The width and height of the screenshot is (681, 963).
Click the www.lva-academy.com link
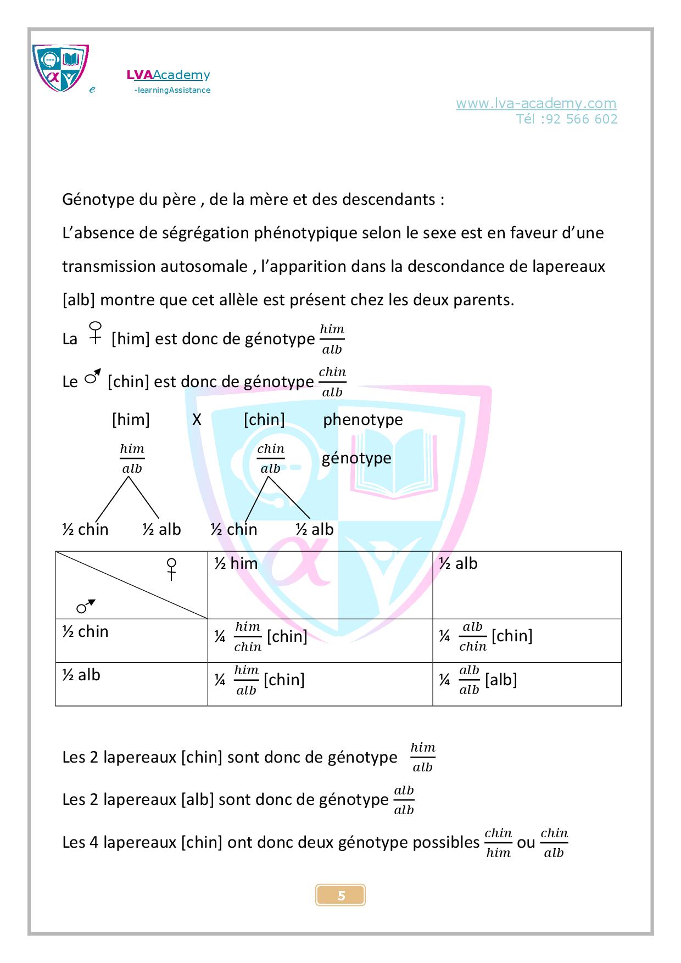pos(535,103)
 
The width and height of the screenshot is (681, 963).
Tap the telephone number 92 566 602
pos(582,119)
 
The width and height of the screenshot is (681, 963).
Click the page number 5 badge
pos(340,895)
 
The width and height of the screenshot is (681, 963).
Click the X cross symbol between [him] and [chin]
pos(197,420)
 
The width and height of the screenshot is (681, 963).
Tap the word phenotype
pos(362,420)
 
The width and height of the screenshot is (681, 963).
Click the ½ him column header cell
pos(320,585)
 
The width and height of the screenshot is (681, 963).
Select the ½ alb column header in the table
pos(526,585)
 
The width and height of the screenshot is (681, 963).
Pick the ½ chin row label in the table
pos(131,640)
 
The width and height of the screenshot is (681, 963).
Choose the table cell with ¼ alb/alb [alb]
pos(526,684)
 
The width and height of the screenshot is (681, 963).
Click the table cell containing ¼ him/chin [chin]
pos(320,640)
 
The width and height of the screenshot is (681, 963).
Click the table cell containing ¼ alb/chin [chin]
pos(526,640)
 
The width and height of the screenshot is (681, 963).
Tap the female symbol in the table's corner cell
pos(172,569)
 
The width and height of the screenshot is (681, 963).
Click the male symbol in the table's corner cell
pos(86,606)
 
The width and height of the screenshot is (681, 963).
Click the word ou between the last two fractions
pos(526,842)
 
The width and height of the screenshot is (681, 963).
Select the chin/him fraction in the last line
pos(498,843)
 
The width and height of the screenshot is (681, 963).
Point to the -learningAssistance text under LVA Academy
pos(172,90)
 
